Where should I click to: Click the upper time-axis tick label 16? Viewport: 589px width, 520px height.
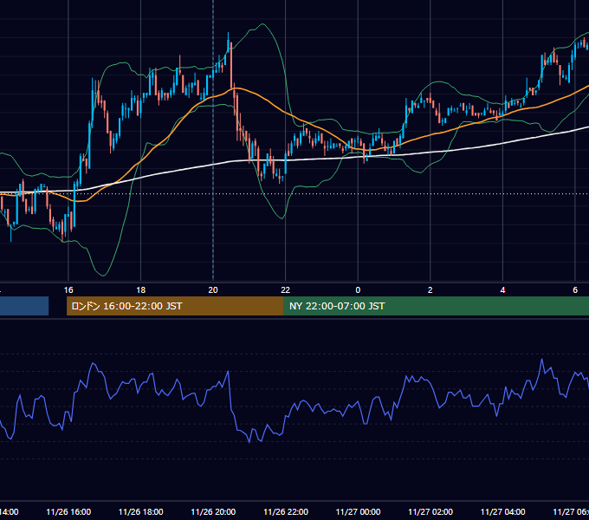pyautogui.click(x=68, y=290)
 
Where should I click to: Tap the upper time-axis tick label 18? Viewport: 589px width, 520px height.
pyautogui.click(x=141, y=290)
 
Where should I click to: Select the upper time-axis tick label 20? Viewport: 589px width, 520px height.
pyautogui.click(x=213, y=290)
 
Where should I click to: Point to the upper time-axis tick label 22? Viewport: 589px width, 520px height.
pyautogui.click(x=286, y=290)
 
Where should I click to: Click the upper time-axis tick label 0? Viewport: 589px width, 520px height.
pyautogui.click(x=358, y=290)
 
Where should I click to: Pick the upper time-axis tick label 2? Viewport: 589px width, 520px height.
pyautogui.click(x=430, y=290)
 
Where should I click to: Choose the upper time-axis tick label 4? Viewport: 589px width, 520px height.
pyautogui.click(x=502, y=290)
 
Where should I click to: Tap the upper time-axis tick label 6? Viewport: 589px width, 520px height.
pyautogui.click(x=575, y=290)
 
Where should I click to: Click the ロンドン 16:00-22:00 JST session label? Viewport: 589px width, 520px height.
pyautogui.click(x=126, y=306)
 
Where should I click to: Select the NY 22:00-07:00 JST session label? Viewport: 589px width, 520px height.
pyautogui.click(x=337, y=306)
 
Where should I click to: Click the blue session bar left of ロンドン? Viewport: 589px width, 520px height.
pyautogui.click(x=24, y=306)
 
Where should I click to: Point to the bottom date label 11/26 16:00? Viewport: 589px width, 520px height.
pyautogui.click(x=68, y=511)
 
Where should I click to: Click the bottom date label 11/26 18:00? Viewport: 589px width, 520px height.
pyautogui.click(x=141, y=511)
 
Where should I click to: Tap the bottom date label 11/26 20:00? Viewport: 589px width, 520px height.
pyautogui.click(x=213, y=511)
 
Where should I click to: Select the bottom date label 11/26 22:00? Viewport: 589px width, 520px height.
pyautogui.click(x=286, y=511)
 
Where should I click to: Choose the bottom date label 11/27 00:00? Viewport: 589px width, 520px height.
pyautogui.click(x=358, y=511)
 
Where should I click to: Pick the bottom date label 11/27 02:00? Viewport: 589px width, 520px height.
pyautogui.click(x=430, y=511)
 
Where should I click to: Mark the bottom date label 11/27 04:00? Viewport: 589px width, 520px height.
pyautogui.click(x=503, y=511)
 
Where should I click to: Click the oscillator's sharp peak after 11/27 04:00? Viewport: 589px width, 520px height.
pyautogui.click(x=541, y=360)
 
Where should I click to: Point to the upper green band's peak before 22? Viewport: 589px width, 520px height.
pyautogui.click(x=263, y=24)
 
